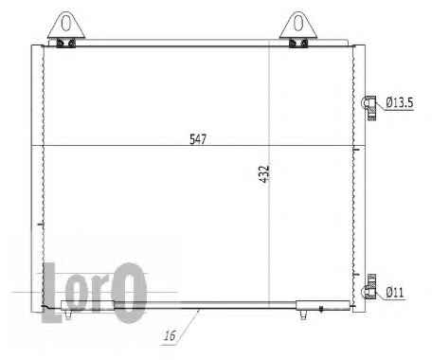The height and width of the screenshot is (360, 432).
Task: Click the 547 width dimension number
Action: tap(198, 139)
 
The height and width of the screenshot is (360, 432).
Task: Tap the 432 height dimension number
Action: tap(264, 173)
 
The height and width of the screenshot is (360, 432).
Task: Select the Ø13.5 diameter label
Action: tap(400, 102)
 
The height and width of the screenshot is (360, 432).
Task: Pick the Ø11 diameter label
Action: tap(395, 293)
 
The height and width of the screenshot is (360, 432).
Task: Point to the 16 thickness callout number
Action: tap(170, 335)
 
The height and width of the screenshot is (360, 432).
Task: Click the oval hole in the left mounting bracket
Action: tap(66, 23)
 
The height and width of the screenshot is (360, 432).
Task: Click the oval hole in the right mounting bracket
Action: tap(298, 23)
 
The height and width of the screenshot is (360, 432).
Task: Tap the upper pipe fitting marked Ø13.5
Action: tap(369, 107)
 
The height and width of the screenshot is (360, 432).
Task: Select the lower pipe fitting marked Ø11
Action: tap(370, 287)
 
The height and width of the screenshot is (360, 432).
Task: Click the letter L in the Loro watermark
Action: tap(50, 293)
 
